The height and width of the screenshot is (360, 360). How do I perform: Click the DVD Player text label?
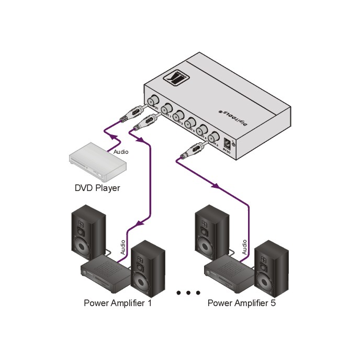[97, 187]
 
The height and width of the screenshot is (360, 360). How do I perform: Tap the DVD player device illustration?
[98, 164]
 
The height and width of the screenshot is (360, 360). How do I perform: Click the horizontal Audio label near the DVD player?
[121, 152]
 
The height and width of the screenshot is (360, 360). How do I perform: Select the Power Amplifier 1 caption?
[118, 303]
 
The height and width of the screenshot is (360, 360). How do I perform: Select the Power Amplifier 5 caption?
[241, 303]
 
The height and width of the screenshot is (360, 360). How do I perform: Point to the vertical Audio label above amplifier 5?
[244, 248]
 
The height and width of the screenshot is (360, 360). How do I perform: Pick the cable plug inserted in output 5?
[189, 153]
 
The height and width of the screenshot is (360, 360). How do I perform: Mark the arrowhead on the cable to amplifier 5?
[215, 186]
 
